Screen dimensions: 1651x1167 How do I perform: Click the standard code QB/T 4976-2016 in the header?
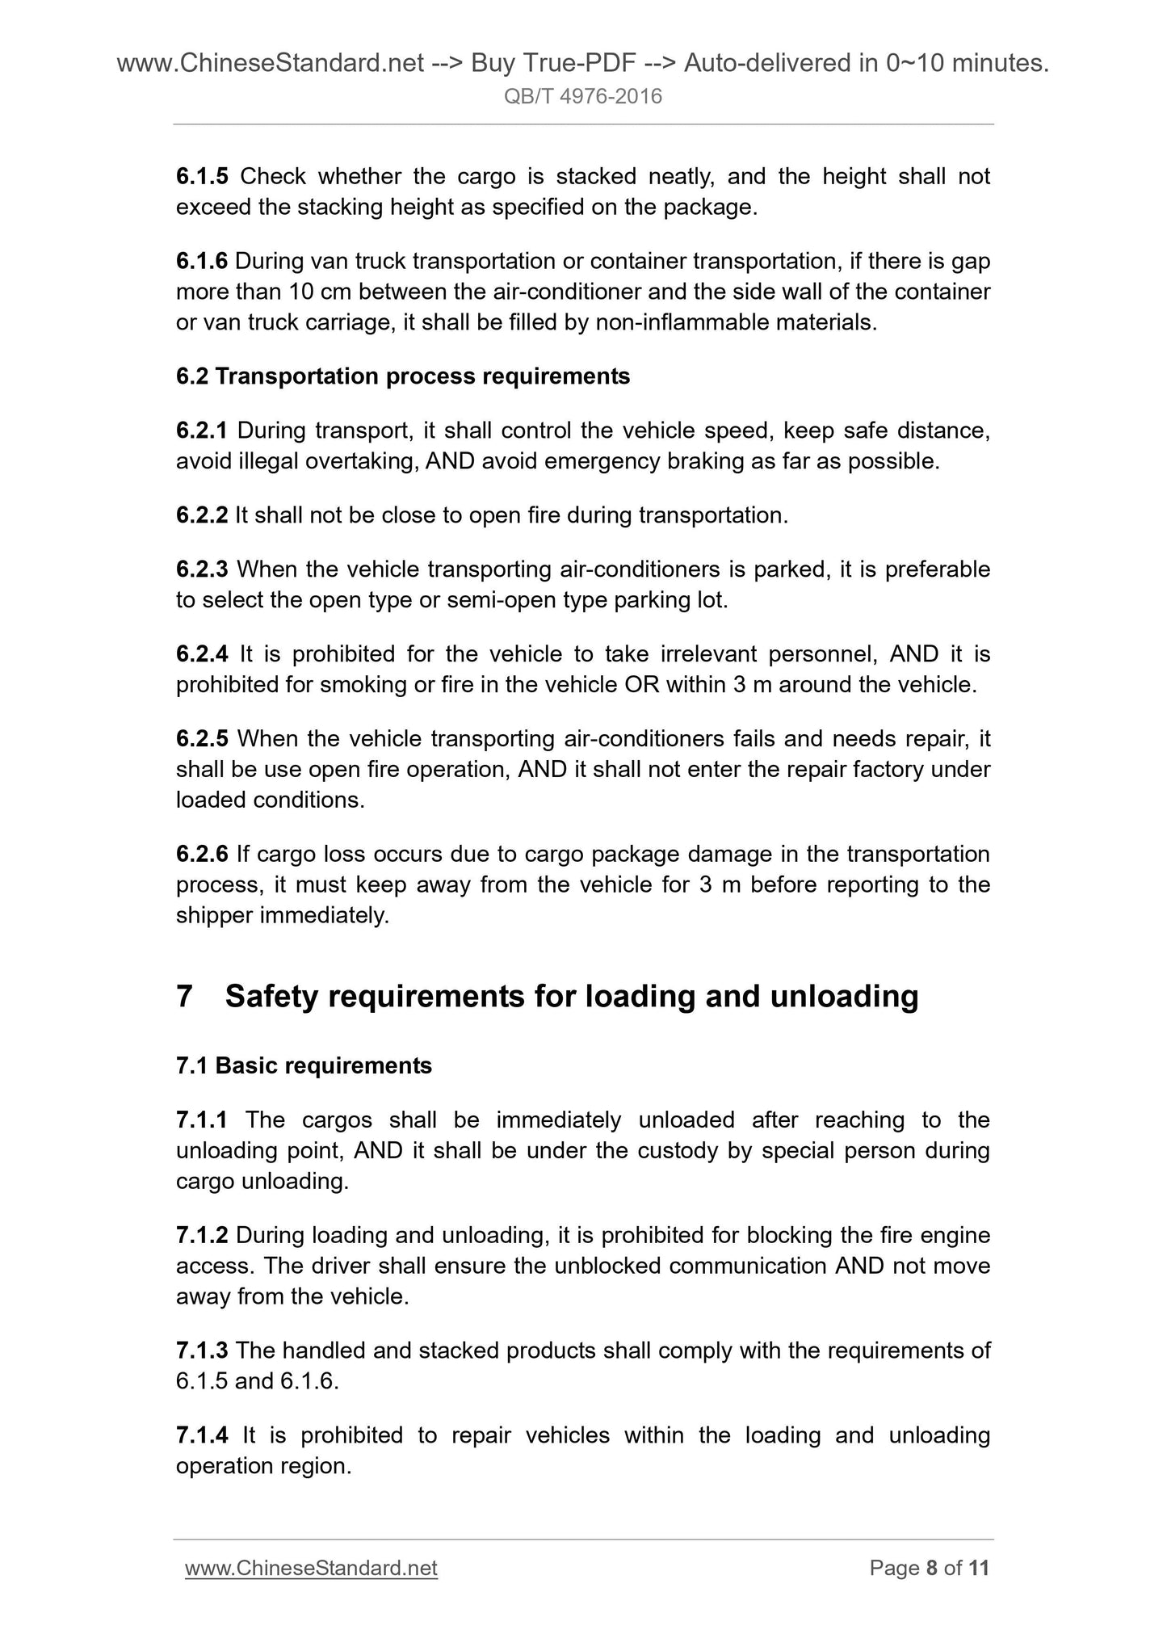point(582,97)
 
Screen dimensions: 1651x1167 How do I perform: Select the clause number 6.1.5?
point(202,176)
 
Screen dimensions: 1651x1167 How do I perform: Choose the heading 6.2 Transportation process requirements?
point(402,376)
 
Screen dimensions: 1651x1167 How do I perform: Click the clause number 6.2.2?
point(202,515)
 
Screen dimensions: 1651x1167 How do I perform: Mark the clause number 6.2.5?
point(202,738)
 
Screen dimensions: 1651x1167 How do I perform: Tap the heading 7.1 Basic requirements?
point(304,1065)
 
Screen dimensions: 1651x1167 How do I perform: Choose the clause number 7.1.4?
point(202,1435)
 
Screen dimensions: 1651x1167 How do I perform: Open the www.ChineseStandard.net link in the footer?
point(311,1568)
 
